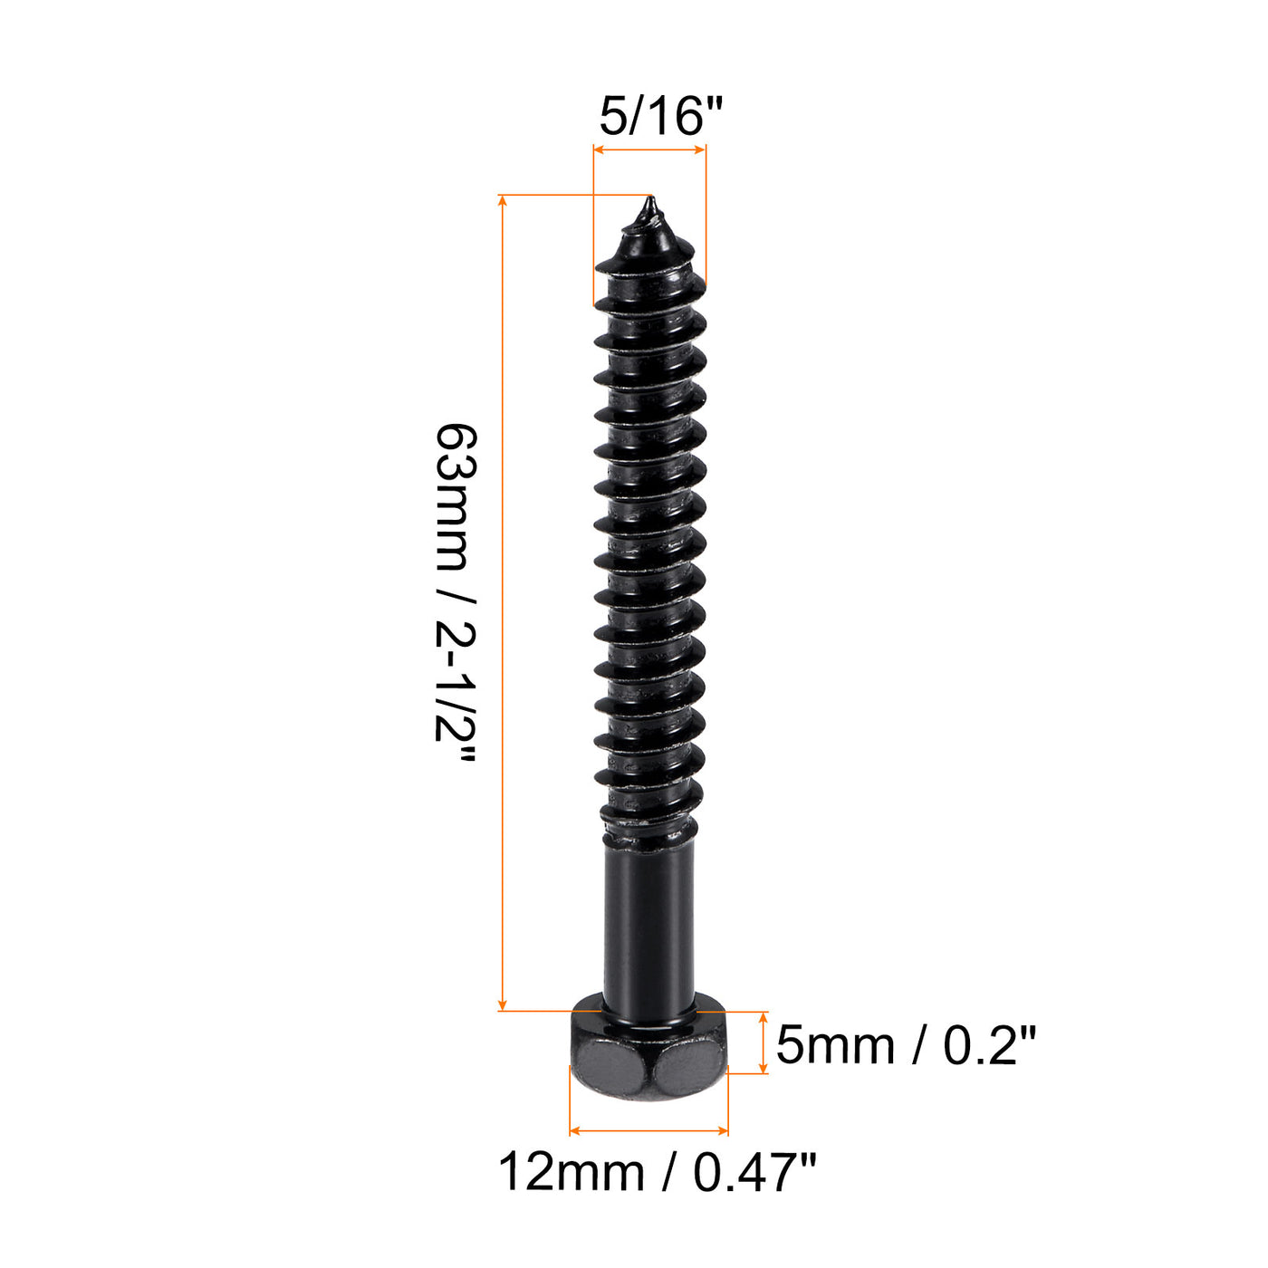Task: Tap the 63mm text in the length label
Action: click(454, 497)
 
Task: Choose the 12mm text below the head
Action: click(571, 1173)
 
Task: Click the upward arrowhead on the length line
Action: click(503, 200)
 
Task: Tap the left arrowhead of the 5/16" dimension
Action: click(598, 149)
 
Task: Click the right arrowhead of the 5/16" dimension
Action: click(700, 149)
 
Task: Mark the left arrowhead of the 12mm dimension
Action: click(575, 1131)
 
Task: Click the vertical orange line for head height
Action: click(764, 1042)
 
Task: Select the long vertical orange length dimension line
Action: click(503, 598)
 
